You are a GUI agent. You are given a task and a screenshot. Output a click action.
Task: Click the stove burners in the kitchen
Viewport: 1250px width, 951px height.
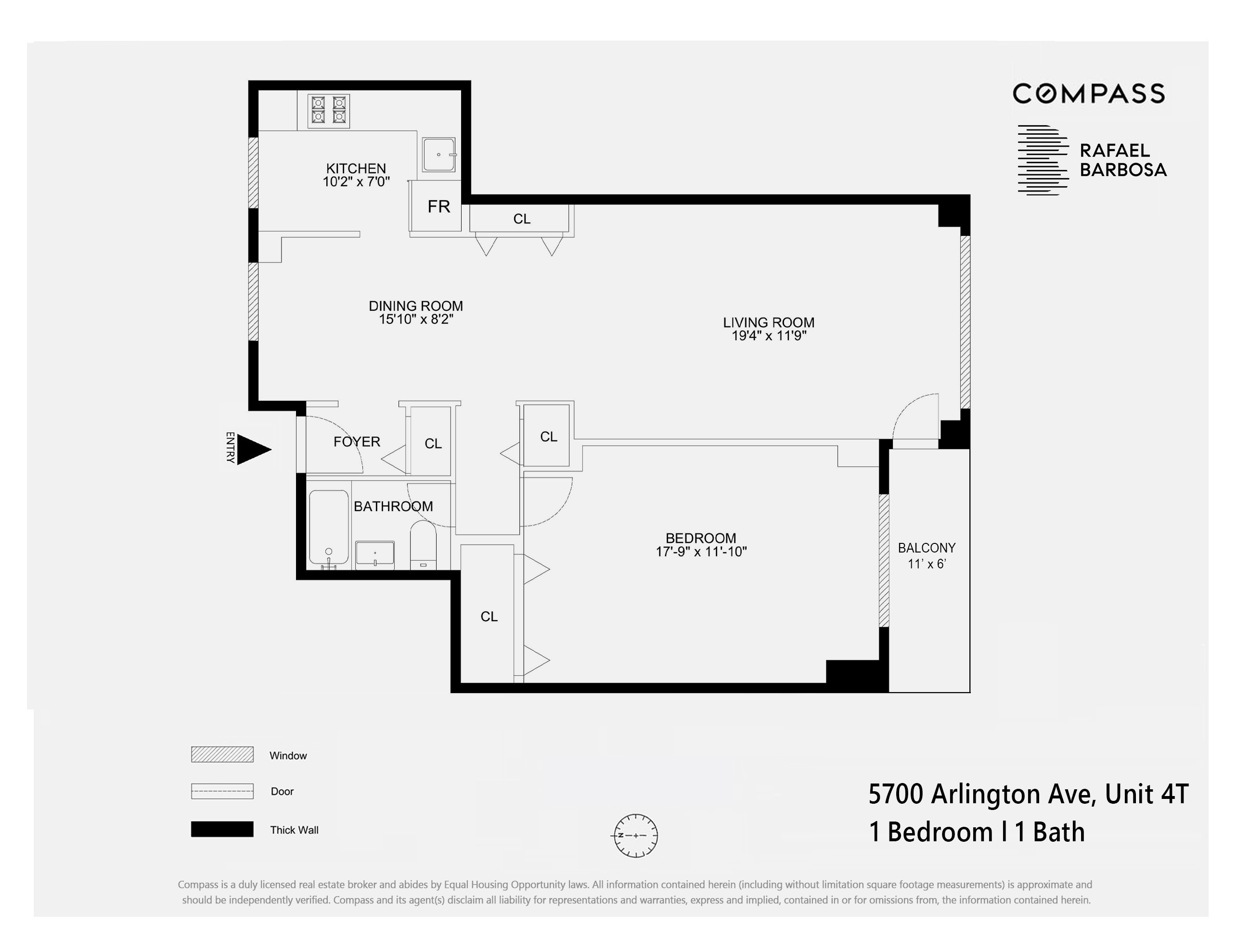tap(328, 110)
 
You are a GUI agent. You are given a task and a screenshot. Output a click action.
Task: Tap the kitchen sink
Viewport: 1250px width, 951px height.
tap(438, 154)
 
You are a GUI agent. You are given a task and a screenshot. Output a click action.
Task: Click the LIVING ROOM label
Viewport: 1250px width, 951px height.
tap(768, 322)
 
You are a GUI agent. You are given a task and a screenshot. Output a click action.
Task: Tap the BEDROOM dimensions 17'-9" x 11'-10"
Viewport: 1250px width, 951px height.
tap(701, 552)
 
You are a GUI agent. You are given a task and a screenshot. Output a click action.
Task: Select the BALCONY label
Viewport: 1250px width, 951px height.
tap(927, 548)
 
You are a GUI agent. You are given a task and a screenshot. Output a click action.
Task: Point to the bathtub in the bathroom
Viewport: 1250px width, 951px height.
tap(328, 527)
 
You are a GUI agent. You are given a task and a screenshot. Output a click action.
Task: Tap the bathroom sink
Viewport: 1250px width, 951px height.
tap(375, 553)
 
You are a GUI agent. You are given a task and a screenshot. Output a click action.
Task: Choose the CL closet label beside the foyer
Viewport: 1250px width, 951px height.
tap(433, 444)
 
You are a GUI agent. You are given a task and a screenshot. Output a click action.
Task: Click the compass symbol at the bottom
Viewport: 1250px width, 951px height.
tap(636, 835)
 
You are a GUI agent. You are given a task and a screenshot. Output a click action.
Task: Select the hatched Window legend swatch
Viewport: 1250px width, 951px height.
tap(222, 755)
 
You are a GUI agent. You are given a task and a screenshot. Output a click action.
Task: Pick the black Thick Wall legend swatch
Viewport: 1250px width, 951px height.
tap(222, 829)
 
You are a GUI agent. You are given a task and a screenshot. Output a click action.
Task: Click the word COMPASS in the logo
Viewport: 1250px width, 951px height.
tap(1088, 94)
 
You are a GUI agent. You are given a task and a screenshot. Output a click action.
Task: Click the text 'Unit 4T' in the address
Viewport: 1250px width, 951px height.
tap(1146, 794)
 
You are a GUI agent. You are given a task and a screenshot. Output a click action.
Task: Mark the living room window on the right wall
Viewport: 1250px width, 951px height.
tap(965, 321)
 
